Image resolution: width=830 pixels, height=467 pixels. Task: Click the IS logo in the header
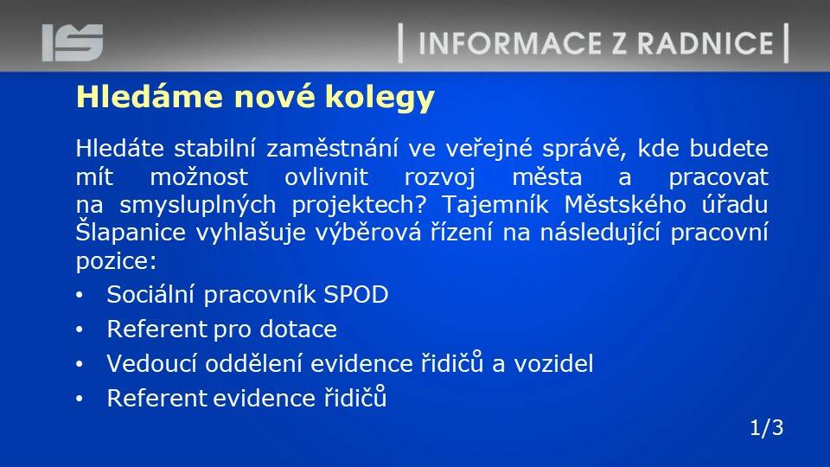pyautogui.click(x=73, y=42)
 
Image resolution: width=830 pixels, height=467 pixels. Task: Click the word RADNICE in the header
pyautogui.click(x=705, y=43)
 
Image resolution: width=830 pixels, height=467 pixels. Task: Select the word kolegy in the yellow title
pyautogui.click(x=380, y=98)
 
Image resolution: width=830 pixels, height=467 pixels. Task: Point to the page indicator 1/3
pyautogui.click(x=767, y=428)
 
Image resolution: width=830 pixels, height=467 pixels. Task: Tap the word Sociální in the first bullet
pyautogui.click(x=150, y=294)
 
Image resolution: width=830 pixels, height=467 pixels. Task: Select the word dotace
pyautogui.click(x=298, y=329)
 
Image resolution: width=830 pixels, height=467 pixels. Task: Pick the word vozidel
pyautogui.click(x=553, y=364)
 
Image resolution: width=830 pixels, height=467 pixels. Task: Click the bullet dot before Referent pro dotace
pyautogui.click(x=80, y=329)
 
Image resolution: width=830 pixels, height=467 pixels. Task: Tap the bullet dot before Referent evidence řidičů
pyautogui.click(x=80, y=399)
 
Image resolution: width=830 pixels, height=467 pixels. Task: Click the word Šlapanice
pyautogui.click(x=131, y=232)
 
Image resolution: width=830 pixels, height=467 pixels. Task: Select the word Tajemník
pyautogui.click(x=495, y=205)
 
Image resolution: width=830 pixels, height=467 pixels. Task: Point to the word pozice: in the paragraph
pyautogui.click(x=117, y=261)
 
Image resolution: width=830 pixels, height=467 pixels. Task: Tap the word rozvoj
pyautogui.click(x=440, y=177)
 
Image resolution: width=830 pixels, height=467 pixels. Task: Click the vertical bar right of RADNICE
pyautogui.click(x=786, y=43)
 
